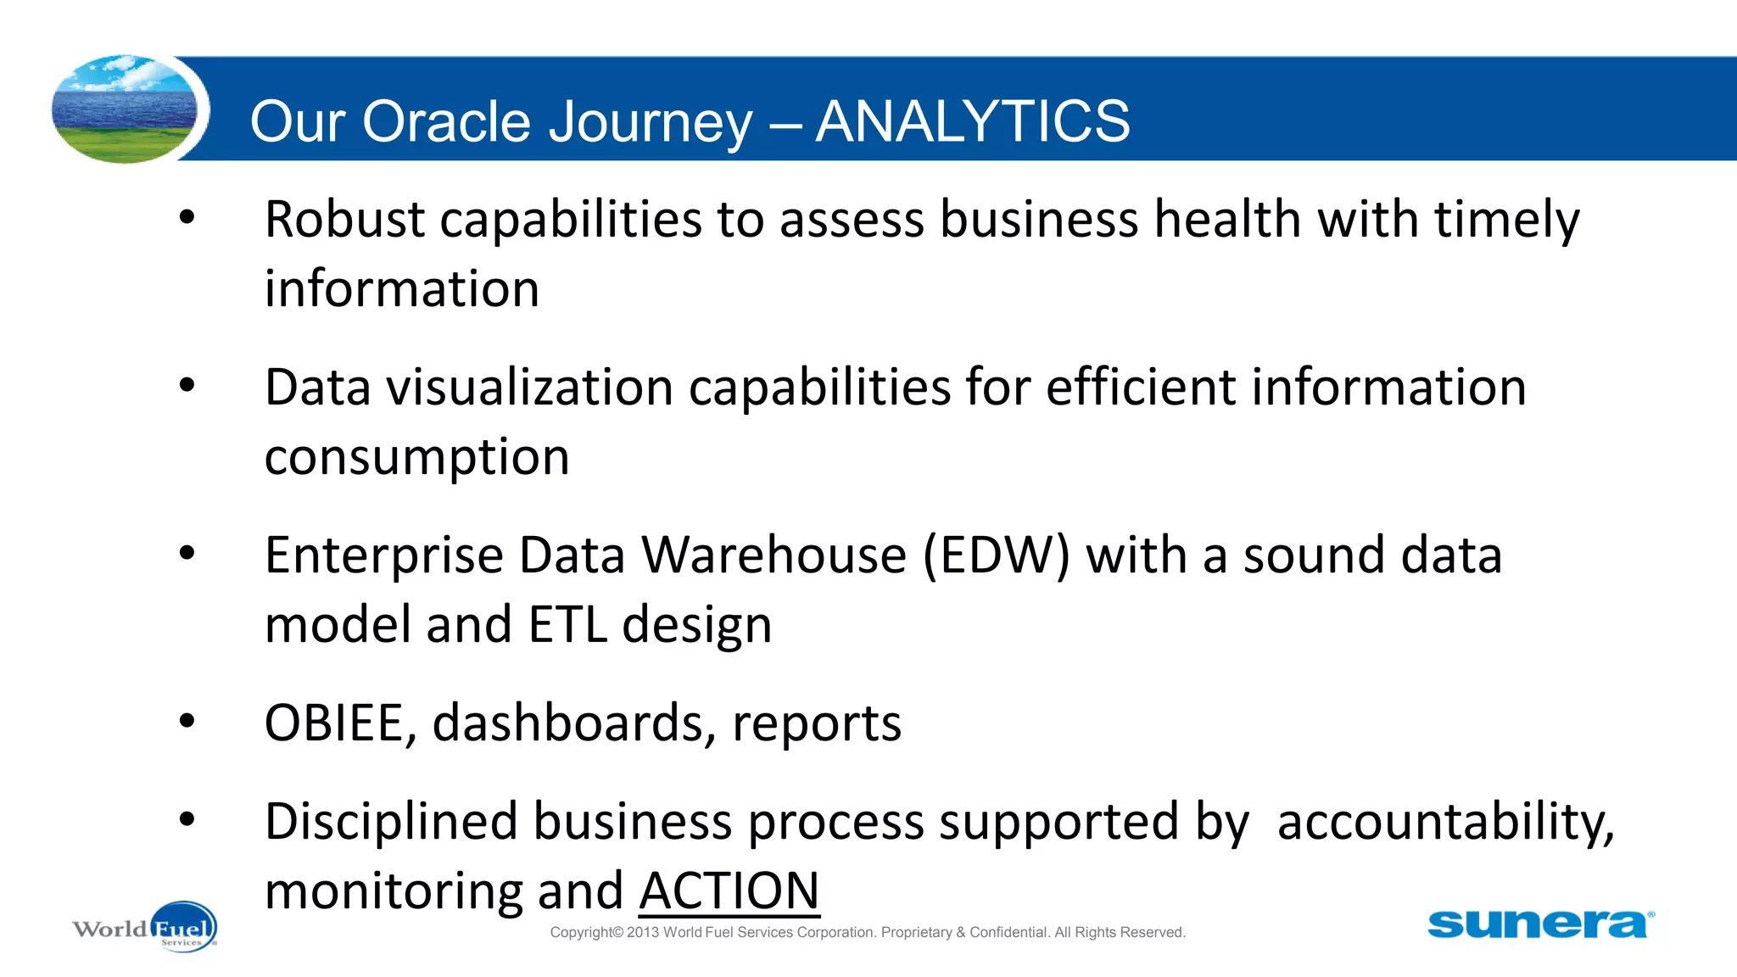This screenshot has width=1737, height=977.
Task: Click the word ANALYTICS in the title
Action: point(972,121)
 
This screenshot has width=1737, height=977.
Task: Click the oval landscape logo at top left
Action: point(125,109)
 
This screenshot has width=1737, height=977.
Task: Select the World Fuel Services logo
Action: point(145,927)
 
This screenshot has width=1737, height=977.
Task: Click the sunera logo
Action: point(1539,924)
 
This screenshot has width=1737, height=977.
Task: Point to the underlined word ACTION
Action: point(729,890)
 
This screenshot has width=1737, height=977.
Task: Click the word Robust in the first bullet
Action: point(343,219)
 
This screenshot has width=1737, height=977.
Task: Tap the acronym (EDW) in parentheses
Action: point(996,555)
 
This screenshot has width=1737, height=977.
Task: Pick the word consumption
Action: point(416,458)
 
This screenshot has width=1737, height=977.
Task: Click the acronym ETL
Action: point(567,624)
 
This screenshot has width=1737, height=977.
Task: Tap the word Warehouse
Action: point(774,555)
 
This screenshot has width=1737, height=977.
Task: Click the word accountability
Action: point(1444,822)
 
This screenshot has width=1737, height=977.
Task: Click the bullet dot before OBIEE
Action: point(187,722)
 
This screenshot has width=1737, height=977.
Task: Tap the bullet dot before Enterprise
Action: point(187,554)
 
